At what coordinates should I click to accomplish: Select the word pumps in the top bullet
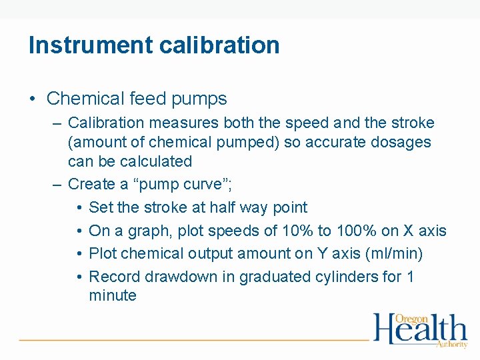pyautogui.click(x=199, y=99)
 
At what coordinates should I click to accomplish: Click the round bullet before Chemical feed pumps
pyautogui.click(x=32, y=99)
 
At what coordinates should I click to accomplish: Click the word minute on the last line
pyautogui.click(x=112, y=296)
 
